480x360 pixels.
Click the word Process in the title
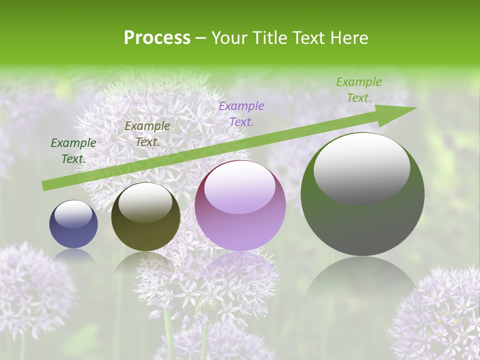[x=157, y=38]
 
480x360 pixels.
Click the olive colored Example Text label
[x=147, y=134]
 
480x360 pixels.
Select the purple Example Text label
[x=241, y=113]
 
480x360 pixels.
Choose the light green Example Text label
[x=359, y=90]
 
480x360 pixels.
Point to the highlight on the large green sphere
[x=362, y=167]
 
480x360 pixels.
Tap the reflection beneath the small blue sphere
[x=73, y=256]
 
